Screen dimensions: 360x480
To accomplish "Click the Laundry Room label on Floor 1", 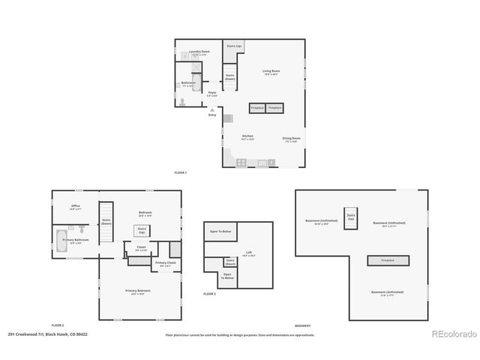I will [x=199, y=53].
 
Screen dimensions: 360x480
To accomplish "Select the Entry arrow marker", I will [x=212, y=109].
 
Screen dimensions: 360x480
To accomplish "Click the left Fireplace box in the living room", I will [x=256, y=108].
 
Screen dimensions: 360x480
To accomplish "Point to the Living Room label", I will [x=271, y=73].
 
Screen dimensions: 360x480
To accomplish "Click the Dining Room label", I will [x=292, y=139].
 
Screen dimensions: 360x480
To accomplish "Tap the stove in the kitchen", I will [x=241, y=162].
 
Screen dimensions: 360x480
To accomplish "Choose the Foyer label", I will [x=212, y=94].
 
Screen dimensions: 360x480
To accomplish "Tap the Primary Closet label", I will [x=165, y=263].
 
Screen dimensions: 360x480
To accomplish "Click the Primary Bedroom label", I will [x=137, y=291].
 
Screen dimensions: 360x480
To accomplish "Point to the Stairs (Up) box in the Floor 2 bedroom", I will [x=141, y=230].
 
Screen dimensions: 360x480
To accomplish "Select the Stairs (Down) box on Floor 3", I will [x=229, y=262].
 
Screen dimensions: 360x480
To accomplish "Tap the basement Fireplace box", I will [x=388, y=260].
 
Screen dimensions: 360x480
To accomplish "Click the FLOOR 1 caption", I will [x=180, y=172].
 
